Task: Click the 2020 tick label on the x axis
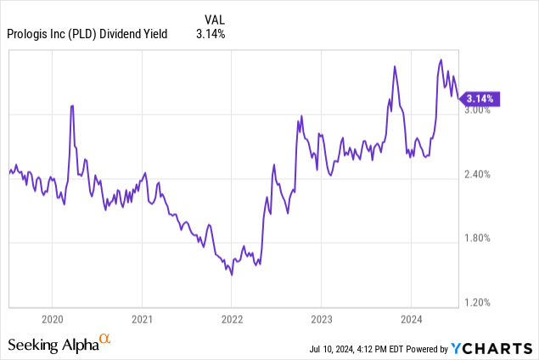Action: coord(52,320)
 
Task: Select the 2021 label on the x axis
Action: coord(142,320)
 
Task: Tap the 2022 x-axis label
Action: coord(232,320)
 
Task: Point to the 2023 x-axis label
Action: coord(322,320)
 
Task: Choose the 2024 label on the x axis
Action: coord(411,320)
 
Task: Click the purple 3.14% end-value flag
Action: coord(481,98)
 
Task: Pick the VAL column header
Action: coord(216,18)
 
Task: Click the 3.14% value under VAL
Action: coord(216,34)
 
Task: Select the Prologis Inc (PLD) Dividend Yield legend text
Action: coord(87,34)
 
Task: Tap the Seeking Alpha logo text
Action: coord(53,344)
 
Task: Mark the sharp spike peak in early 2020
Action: coord(72,105)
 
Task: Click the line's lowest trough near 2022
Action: coord(231,275)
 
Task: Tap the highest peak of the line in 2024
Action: coord(441,59)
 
